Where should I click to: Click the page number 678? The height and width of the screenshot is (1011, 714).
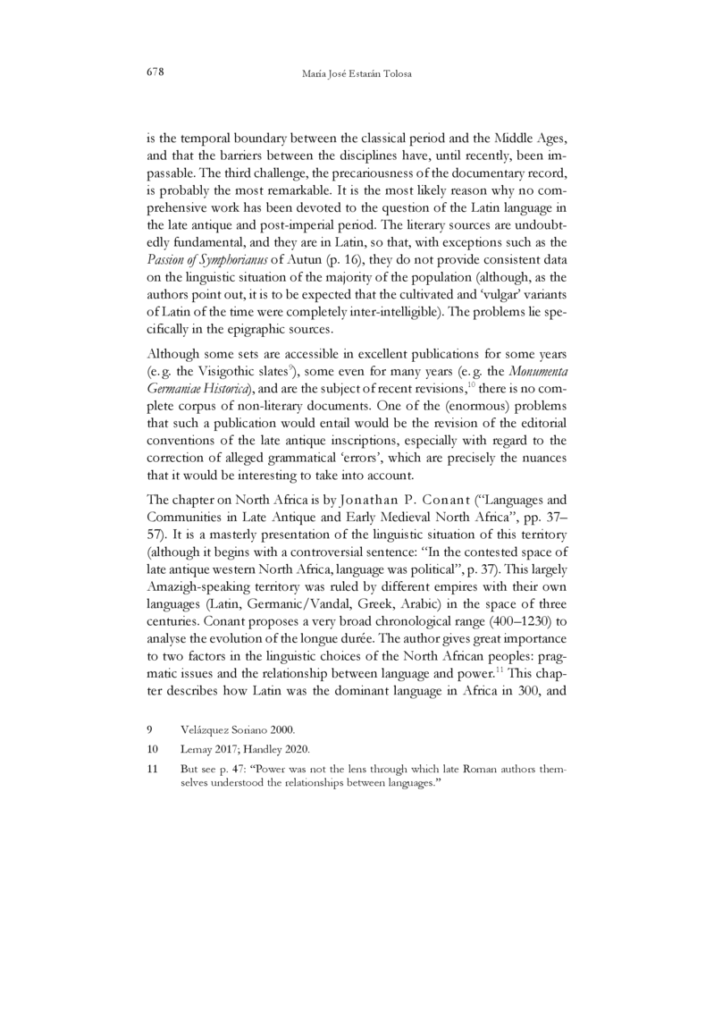pyautogui.click(x=155, y=71)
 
